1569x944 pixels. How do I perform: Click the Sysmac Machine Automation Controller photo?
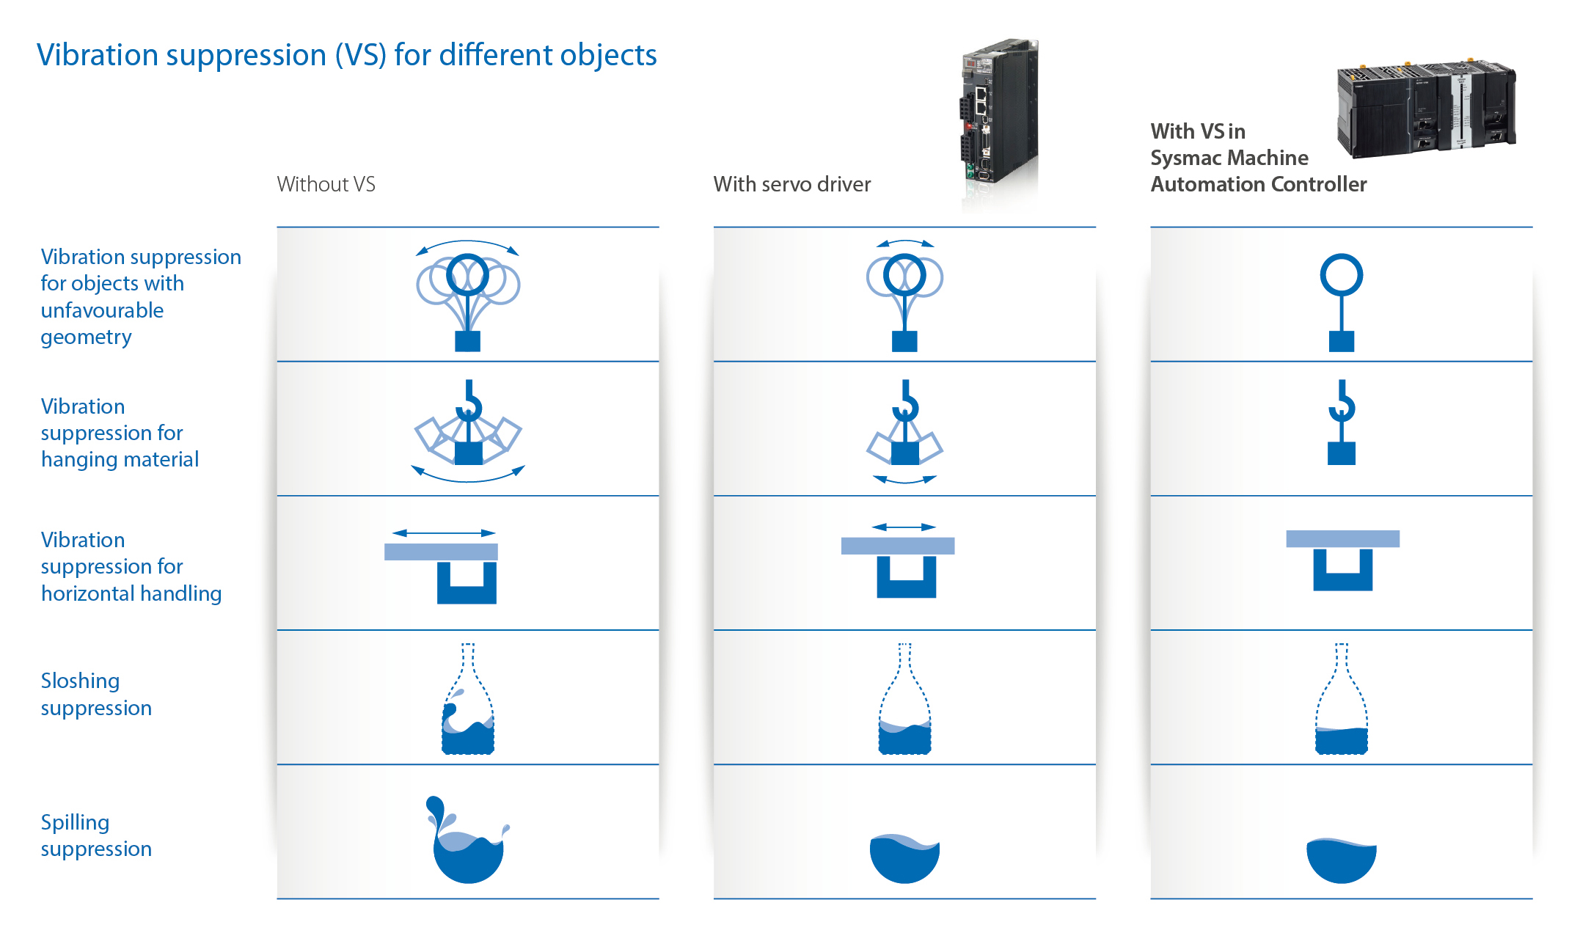click(x=1424, y=109)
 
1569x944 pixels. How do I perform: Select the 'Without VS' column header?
click(x=326, y=184)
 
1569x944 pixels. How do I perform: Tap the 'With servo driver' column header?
click(x=791, y=184)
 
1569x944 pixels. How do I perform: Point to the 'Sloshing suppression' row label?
click(x=96, y=694)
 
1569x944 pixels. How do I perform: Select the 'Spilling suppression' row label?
click(x=96, y=835)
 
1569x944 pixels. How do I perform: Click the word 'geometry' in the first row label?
click(x=86, y=337)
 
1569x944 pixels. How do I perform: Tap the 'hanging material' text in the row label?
click(x=120, y=459)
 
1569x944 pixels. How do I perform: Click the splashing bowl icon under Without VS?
click(x=467, y=844)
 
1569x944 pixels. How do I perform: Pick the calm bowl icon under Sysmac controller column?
click(x=1341, y=860)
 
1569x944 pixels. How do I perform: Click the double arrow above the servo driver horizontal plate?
click(x=904, y=527)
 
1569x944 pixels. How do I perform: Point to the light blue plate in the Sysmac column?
click(x=1342, y=538)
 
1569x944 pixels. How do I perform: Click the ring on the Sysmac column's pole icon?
click(x=1341, y=275)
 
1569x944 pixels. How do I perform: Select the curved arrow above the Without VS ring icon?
click(x=467, y=244)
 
